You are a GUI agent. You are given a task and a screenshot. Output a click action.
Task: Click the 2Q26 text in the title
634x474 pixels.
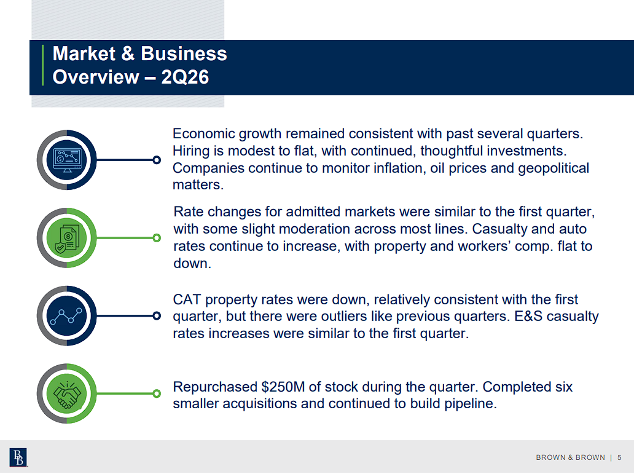185,77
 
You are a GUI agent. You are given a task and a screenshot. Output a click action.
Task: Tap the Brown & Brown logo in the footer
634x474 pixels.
18,457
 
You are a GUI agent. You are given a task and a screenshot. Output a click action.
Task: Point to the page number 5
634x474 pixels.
619,457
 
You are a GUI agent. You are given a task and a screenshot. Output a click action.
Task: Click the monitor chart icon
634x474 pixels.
67,159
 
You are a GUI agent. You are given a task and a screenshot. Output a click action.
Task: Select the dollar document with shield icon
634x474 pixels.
67,237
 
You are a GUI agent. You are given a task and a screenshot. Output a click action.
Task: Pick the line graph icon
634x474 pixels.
66,316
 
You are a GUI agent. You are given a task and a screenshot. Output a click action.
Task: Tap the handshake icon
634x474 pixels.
67,394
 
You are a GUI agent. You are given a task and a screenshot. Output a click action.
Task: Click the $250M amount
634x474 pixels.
283,387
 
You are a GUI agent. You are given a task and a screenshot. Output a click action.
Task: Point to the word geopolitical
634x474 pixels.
554,168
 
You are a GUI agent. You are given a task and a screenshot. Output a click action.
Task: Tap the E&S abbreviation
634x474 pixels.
528,316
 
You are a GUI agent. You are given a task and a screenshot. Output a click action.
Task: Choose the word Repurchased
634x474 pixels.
215,387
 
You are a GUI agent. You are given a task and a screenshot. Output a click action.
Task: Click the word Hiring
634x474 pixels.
191,151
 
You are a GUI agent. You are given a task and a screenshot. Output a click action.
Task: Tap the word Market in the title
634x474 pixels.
84,54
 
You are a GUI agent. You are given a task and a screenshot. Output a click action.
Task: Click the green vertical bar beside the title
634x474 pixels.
42,65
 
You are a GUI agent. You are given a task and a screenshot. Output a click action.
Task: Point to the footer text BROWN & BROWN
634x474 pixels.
571,457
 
